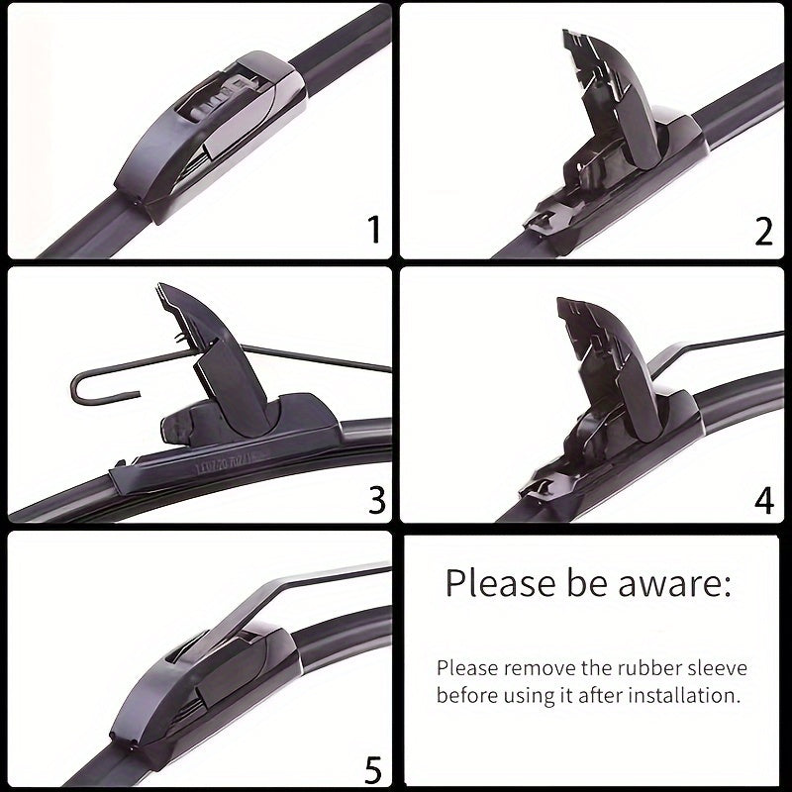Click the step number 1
point(373,231)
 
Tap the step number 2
point(763,231)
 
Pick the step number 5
point(373,768)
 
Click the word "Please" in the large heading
point(497,583)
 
